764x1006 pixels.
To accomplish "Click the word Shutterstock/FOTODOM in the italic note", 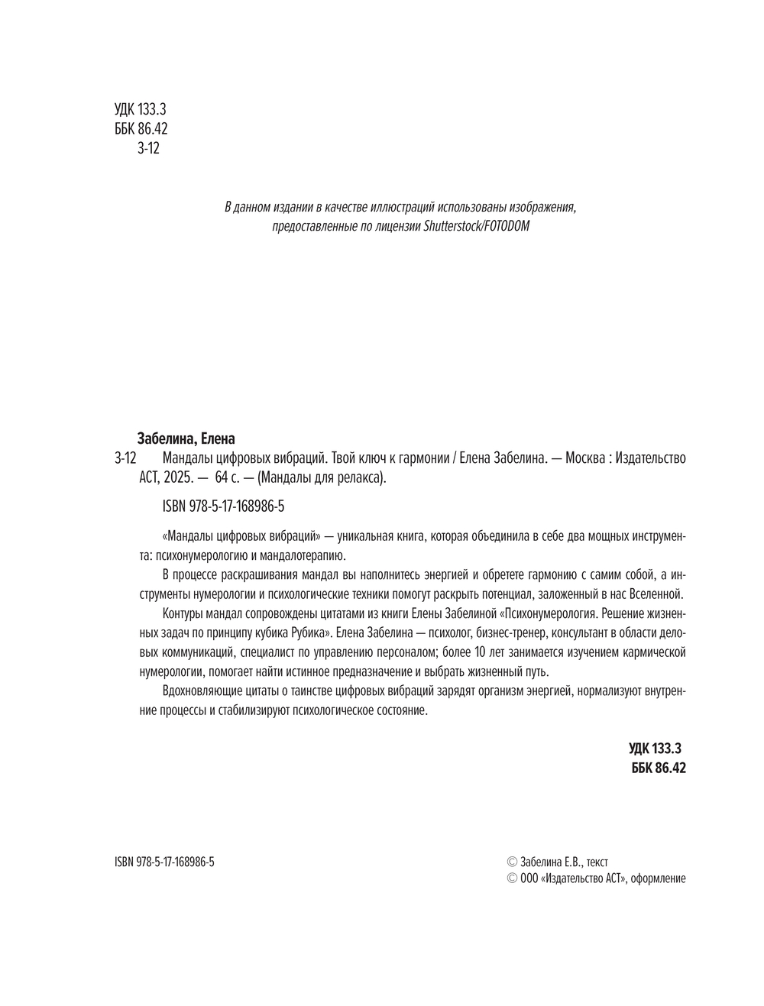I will (x=476, y=227).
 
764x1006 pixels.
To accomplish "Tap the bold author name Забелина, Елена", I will (x=186, y=438).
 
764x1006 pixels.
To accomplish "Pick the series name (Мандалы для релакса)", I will (x=322, y=478).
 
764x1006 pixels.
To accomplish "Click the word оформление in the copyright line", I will (x=658, y=878).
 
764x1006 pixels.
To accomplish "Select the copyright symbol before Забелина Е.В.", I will (x=512, y=861).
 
